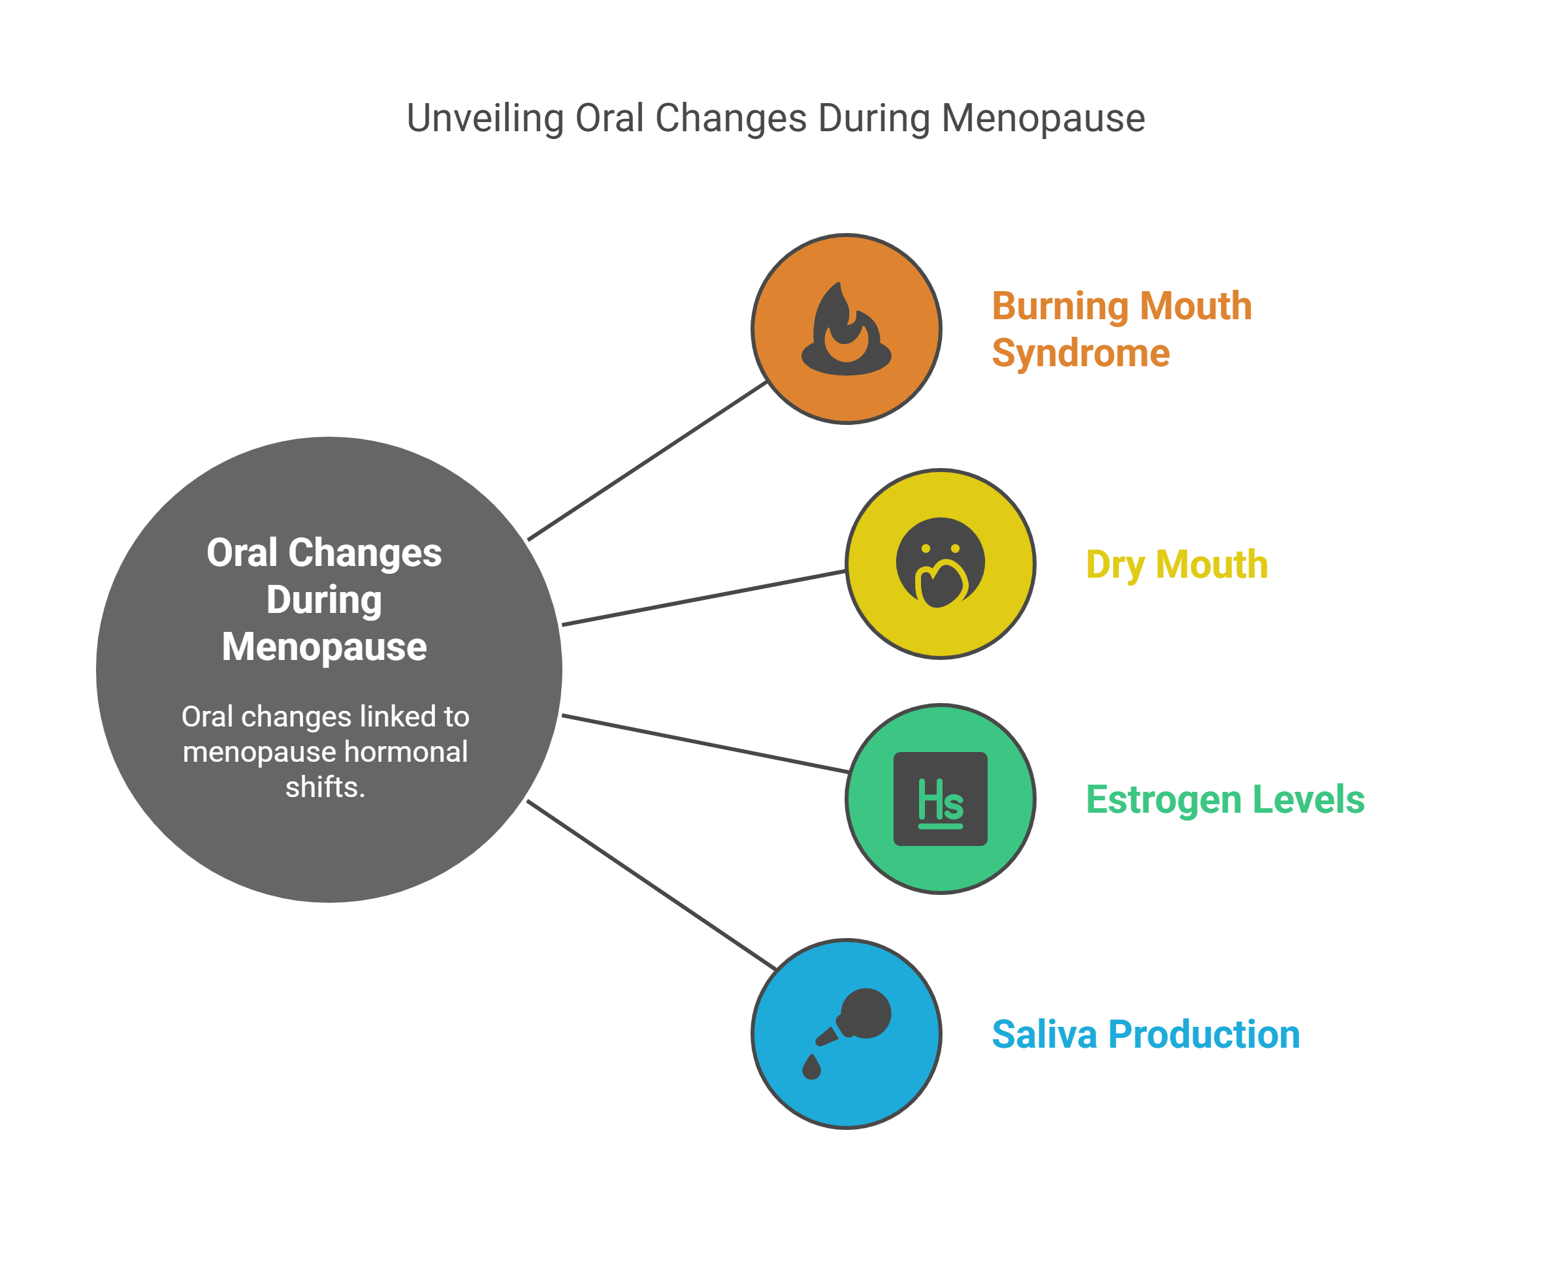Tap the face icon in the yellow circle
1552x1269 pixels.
pyautogui.click(x=940, y=562)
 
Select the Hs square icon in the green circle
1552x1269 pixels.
pyautogui.click(x=940, y=798)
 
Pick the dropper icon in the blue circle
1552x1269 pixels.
pyautogui.click(x=856, y=1020)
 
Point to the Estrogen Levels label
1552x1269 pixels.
pyautogui.click(x=1225, y=799)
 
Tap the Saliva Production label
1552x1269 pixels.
pyautogui.click(x=1145, y=1035)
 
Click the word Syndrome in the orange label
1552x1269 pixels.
pyautogui.click(x=1080, y=353)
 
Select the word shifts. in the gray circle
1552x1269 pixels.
pyautogui.click(x=325, y=787)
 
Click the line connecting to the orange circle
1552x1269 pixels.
pyautogui.click(x=647, y=460)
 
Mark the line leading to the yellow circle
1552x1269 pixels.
pyautogui.click(x=703, y=598)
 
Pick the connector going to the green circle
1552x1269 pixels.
pyautogui.click(x=706, y=744)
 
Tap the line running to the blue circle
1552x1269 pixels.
pyautogui.click(x=651, y=885)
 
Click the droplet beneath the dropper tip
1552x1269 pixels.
pyautogui.click(x=811, y=1067)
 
